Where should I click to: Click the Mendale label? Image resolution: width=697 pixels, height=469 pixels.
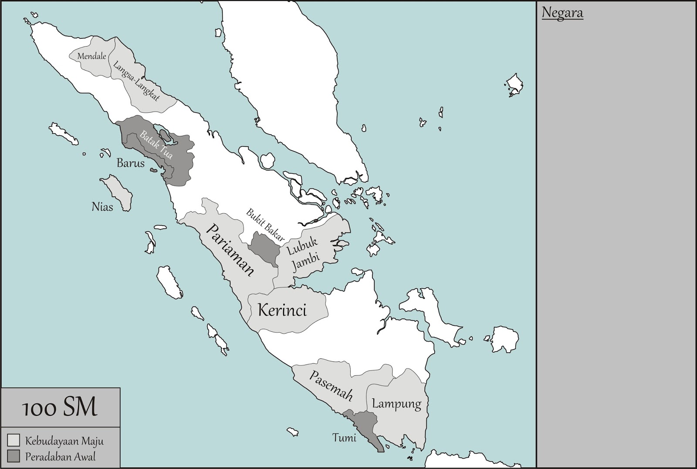click(x=91, y=56)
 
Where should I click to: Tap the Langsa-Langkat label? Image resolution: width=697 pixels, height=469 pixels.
click(x=136, y=81)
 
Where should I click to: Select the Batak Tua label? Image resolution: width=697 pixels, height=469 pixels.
click(x=156, y=145)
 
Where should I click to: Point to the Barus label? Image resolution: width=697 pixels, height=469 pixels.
click(x=130, y=163)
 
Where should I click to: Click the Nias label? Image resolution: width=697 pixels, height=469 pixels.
click(x=102, y=206)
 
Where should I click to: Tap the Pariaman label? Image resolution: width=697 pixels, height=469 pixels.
click(x=230, y=250)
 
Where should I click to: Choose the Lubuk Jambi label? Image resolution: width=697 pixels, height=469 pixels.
click(x=304, y=255)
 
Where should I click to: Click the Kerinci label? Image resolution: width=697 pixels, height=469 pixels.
click(x=282, y=310)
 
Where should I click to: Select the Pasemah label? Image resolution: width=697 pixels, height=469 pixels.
click(x=331, y=385)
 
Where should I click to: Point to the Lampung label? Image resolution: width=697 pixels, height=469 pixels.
click(x=396, y=404)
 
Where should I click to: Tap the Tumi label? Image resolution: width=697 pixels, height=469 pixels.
click(x=344, y=438)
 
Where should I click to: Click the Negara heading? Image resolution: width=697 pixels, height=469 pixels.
click(x=562, y=13)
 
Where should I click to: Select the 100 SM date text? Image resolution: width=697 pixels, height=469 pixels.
click(x=60, y=408)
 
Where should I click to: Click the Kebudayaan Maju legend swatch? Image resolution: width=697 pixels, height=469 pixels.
click(x=14, y=440)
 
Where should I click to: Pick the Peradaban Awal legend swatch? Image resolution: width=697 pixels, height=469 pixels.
click(x=14, y=456)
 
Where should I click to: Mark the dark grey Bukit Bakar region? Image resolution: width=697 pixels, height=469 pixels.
click(x=263, y=248)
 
